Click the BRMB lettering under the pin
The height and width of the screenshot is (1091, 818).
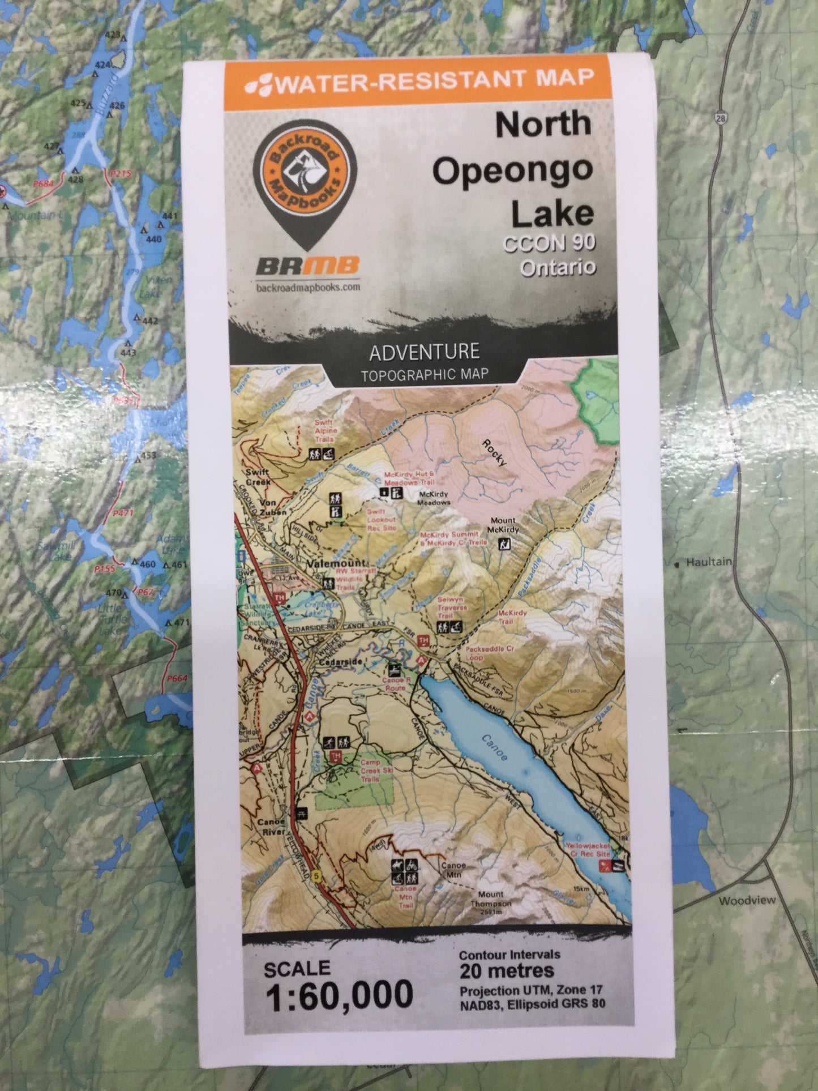point(307,265)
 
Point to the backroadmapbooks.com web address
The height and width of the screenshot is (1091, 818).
point(308,287)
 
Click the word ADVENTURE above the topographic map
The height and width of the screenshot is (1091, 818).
point(424,352)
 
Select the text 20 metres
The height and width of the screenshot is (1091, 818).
point(506,972)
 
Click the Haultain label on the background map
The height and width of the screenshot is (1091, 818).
point(708,562)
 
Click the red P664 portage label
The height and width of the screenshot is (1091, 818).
point(177,678)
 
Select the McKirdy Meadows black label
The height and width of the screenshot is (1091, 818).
point(434,498)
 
